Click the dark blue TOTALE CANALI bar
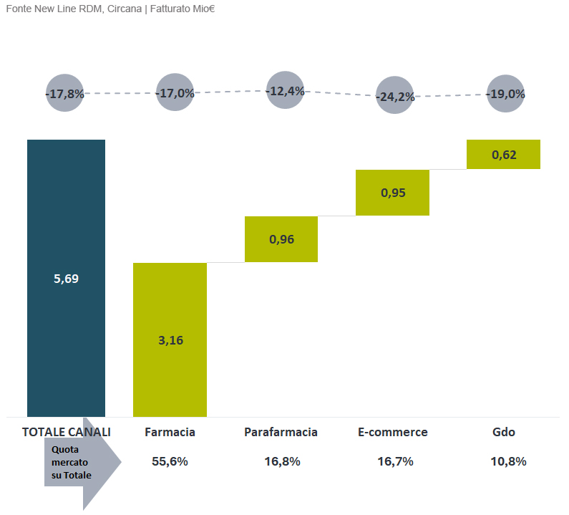click(x=66, y=278)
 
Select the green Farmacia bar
click(x=170, y=340)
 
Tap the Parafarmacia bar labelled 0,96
click(x=281, y=239)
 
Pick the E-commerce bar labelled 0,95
click(x=392, y=193)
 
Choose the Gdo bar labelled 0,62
click(x=503, y=154)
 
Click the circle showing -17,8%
click(x=65, y=93)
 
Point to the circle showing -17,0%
click(x=175, y=92)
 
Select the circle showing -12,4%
click(x=286, y=90)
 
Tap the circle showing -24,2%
click(x=394, y=95)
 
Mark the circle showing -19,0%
click(x=505, y=93)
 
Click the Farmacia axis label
click(x=170, y=432)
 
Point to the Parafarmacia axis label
click(x=281, y=432)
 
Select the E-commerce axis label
click(x=393, y=432)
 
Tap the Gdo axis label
click(x=504, y=432)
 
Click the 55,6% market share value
click(x=170, y=461)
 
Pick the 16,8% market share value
click(x=282, y=461)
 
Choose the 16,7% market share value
click(x=396, y=461)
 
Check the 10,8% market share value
click(x=508, y=461)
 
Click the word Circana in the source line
click(x=124, y=9)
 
